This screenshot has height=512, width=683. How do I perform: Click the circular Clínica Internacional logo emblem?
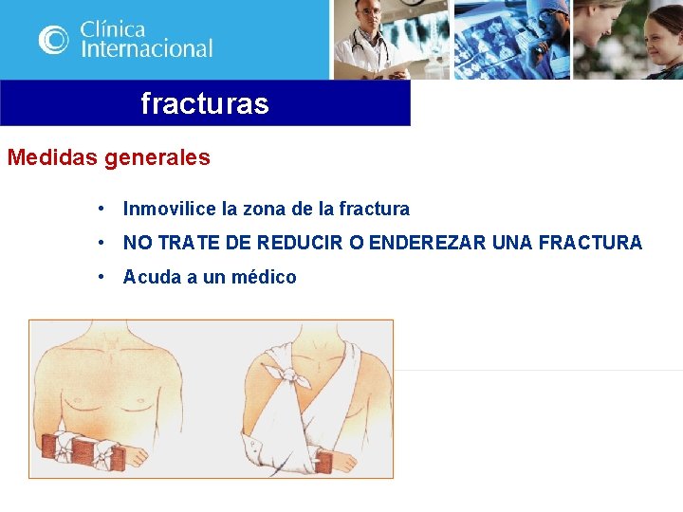coord(54,39)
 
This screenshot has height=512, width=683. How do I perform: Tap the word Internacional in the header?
coord(146,48)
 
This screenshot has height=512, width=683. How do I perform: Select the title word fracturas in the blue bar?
coord(205,103)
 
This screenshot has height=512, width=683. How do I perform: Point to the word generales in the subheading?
coord(157,157)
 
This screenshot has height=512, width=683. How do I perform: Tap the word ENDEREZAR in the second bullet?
coord(428,243)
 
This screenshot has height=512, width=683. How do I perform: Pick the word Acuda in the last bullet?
coord(148,277)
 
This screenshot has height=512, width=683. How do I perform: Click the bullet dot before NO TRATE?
coord(100,243)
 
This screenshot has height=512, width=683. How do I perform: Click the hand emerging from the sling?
coord(350,459)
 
